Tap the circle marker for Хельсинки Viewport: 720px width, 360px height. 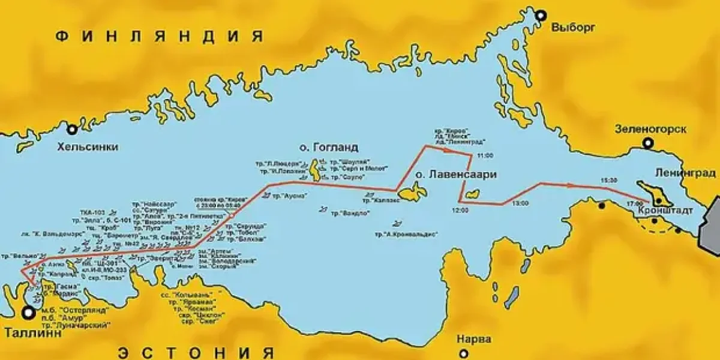point(72,129)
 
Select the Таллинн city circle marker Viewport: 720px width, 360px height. point(28,312)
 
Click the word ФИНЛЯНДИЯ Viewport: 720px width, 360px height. point(159,36)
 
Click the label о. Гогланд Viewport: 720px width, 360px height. point(329,147)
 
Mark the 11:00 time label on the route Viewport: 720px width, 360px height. point(484,155)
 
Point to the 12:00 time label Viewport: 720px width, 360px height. point(458,211)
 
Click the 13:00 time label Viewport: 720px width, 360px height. point(520,203)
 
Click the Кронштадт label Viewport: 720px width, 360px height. point(666,212)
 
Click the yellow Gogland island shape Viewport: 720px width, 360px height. point(316,171)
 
